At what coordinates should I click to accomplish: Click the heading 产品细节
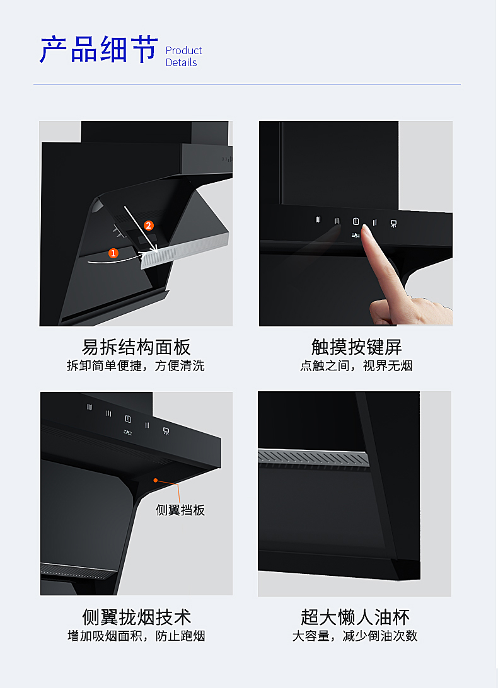pyautogui.click(x=99, y=49)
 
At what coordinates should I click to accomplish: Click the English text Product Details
pyautogui.click(x=183, y=57)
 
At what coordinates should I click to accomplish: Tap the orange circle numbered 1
pyautogui.click(x=113, y=253)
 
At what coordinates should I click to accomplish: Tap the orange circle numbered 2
pyautogui.click(x=148, y=226)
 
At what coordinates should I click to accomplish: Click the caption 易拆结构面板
pyautogui.click(x=136, y=347)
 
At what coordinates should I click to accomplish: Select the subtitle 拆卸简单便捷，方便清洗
pyautogui.click(x=136, y=365)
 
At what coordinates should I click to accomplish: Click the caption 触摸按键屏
pyautogui.click(x=357, y=347)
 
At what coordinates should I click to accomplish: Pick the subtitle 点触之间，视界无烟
pyautogui.click(x=356, y=365)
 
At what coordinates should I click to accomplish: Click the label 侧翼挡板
pyautogui.click(x=180, y=510)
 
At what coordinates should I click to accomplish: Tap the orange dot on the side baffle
pyautogui.click(x=156, y=481)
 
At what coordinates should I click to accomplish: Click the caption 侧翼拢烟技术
pyautogui.click(x=137, y=617)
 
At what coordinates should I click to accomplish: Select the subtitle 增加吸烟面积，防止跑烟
pyautogui.click(x=136, y=636)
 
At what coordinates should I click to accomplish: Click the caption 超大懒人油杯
pyautogui.click(x=356, y=617)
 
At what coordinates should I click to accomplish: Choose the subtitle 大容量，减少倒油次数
pyautogui.click(x=355, y=636)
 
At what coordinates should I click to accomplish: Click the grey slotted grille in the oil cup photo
pyautogui.click(x=313, y=457)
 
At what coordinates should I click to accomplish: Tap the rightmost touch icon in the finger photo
pyautogui.click(x=393, y=224)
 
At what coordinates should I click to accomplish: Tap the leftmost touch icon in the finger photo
pyautogui.click(x=318, y=219)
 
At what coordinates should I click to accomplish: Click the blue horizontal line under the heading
pyautogui.click(x=247, y=84)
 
